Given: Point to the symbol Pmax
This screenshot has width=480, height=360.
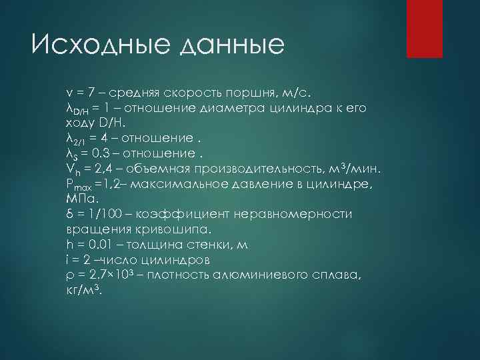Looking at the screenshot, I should coord(78,185).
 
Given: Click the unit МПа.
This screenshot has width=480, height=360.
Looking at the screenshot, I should coord(82,199).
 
